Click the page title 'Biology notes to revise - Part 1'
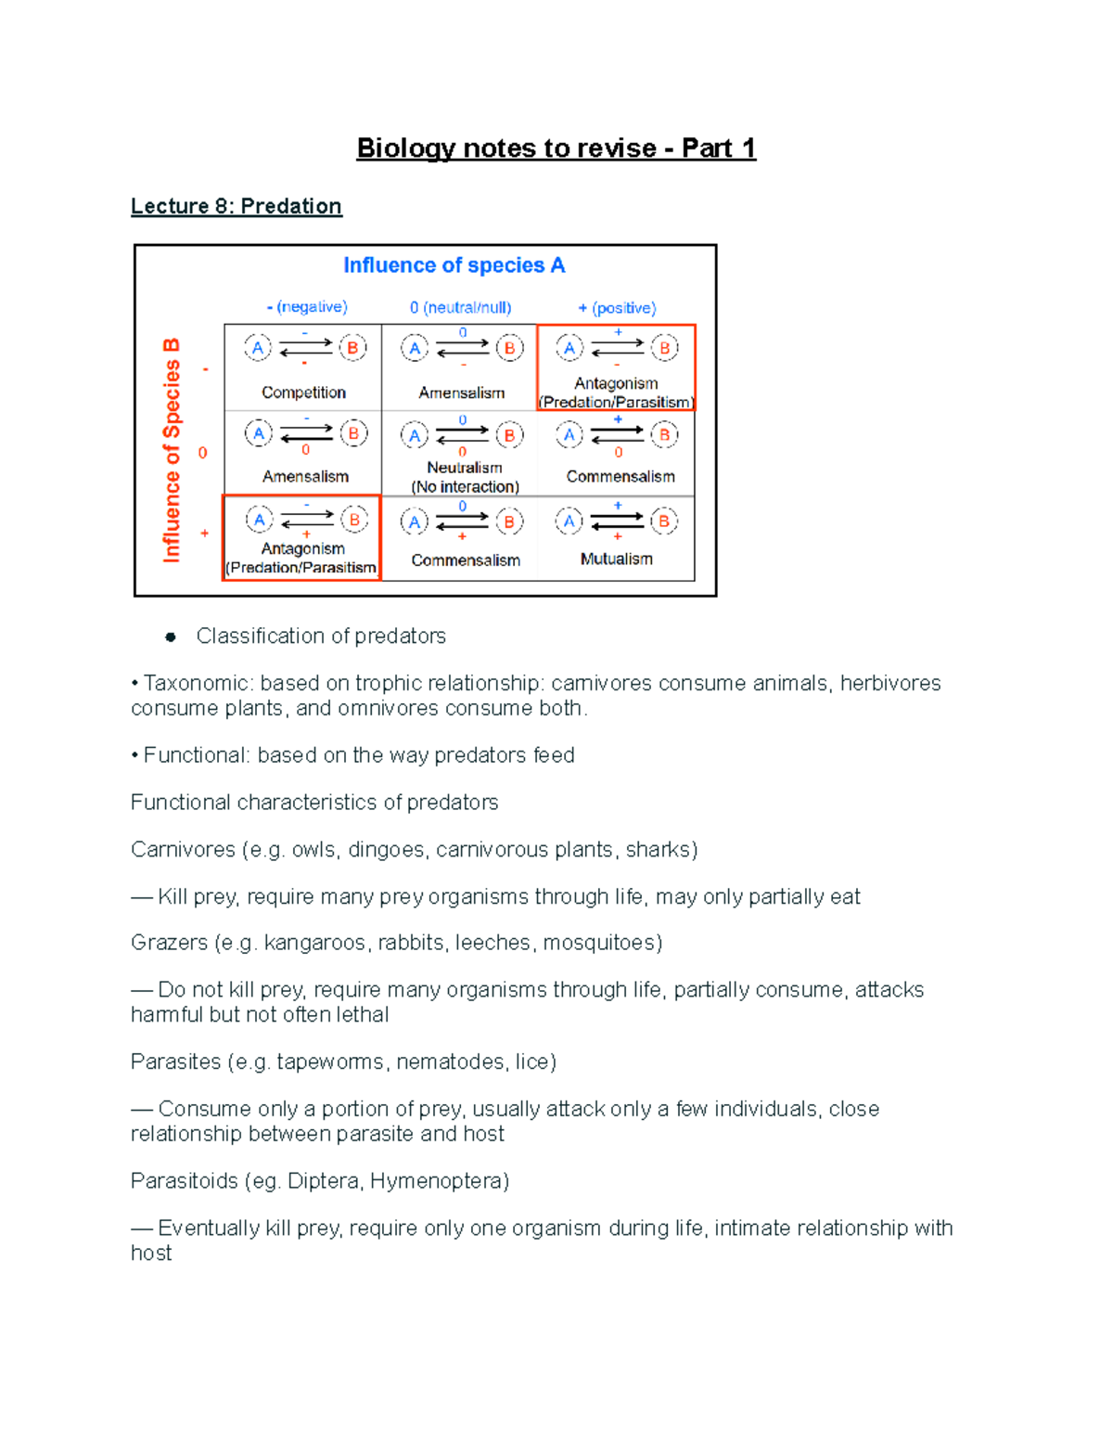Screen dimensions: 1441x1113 tap(556, 148)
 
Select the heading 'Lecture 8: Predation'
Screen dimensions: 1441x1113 tap(237, 206)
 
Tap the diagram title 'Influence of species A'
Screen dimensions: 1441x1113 tap(454, 265)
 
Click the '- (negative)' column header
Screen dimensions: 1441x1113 tap(307, 307)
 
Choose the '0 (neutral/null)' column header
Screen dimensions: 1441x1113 tap(461, 307)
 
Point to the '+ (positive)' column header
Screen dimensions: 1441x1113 tap(617, 307)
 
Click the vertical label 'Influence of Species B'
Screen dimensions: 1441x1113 tap(172, 450)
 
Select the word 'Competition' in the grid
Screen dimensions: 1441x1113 tap(303, 392)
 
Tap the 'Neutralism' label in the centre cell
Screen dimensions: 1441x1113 tap(465, 468)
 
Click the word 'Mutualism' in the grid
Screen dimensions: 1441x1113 tap(616, 559)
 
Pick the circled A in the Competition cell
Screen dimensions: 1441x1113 tap(258, 348)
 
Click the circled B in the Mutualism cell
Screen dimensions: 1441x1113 tap(663, 521)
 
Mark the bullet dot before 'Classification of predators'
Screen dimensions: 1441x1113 tap(170, 637)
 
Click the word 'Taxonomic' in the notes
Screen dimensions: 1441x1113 tap(197, 684)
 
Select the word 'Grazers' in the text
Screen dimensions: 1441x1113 tap(170, 944)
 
